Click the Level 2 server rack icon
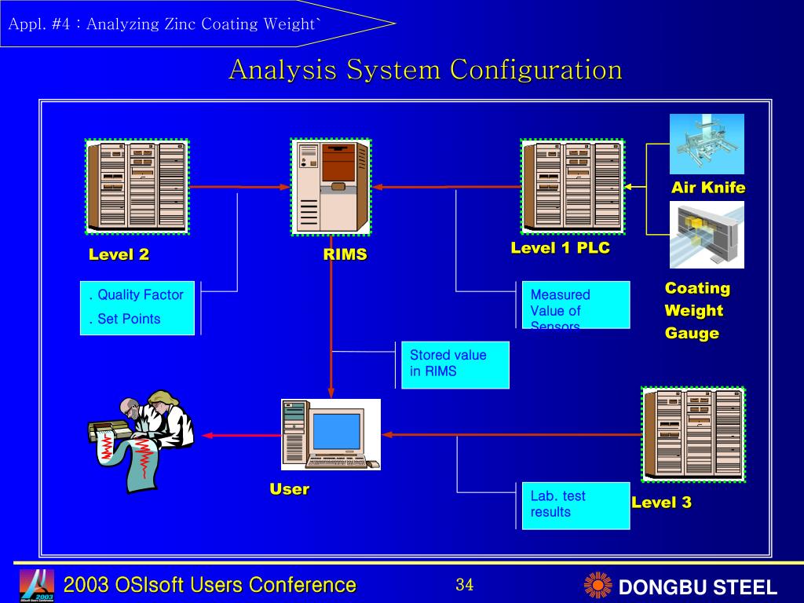pyautogui.click(x=137, y=187)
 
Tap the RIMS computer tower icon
pyautogui.click(x=331, y=187)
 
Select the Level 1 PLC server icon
pyautogui.click(x=572, y=187)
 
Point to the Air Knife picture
pyautogui.click(x=707, y=144)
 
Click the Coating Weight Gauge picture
pyautogui.click(x=707, y=234)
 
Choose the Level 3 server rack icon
pyautogui.click(x=693, y=434)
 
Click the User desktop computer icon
pyautogui.click(x=331, y=434)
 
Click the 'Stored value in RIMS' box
pyautogui.click(x=455, y=364)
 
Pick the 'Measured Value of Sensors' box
pyautogui.click(x=576, y=305)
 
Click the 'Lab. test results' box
pyautogui.click(x=576, y=505)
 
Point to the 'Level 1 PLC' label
pyautogui.click(x=560, y=248)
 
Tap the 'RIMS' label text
pyautogui.click(x=345, y=254)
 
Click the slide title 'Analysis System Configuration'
pyautogui.click(x=426, y=70)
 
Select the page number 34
pyautogui.click(x=464, y=585)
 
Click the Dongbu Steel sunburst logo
pyautogui.click(x=598, y=586)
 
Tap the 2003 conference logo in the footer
pyautogui.click(x=37, y=585)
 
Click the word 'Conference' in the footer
pyautogui.click(x=302, y=585)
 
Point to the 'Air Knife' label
pyautogui.click(x=708, y=188)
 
